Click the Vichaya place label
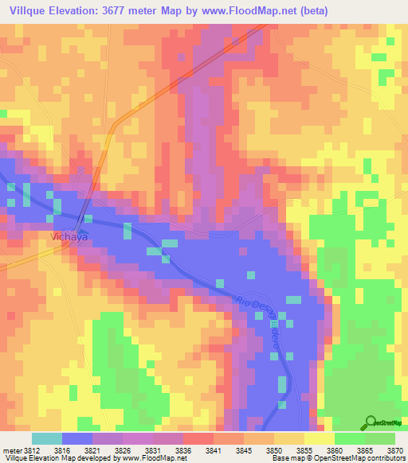coord(68,237)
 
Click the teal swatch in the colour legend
coord(47,438)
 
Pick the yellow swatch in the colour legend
coord(320,438)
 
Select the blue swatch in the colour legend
coord(77,438)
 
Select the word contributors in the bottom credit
coord(386,458)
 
